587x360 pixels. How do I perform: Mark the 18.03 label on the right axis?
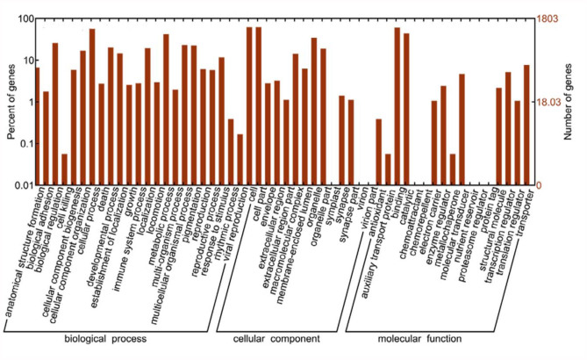[550, 102]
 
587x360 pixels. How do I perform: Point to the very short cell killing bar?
[65, 169]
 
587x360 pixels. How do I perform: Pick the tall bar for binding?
[397, 105]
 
